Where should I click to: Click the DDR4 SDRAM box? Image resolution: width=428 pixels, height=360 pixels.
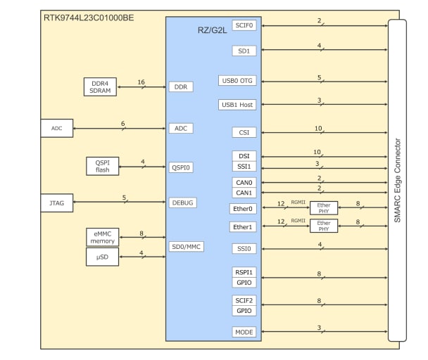pos(100,87)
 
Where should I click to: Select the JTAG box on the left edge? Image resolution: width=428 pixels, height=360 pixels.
pos(57,203)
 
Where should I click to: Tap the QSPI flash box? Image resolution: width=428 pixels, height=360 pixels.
pos(102,166)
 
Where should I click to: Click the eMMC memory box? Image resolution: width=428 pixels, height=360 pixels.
pos(102,237)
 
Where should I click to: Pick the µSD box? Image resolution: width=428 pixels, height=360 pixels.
pos(102,257)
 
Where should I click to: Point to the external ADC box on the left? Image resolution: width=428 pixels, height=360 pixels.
pos(57,128)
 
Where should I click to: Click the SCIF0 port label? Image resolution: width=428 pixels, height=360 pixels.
pos(244,25)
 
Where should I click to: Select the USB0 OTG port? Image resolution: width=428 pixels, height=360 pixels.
pos(237,80)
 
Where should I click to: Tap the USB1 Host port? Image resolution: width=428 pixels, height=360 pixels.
pos(237,105)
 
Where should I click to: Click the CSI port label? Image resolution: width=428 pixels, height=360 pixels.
pos(244,132)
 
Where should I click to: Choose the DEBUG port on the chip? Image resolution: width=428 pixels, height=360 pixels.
pos(182,202)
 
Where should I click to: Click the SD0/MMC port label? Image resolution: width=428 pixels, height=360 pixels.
pos(187,246)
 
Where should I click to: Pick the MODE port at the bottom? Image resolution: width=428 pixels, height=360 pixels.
pos(244,332)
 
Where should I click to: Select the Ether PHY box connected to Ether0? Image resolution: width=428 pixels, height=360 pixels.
pos(324,208)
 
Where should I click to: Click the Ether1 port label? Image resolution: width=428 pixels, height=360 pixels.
pos(243,226)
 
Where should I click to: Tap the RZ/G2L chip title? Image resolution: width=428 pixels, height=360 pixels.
pos(212,30)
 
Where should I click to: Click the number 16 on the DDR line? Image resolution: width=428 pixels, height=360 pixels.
pos(141,82)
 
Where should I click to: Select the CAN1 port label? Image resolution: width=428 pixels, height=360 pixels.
pos(244,193)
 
